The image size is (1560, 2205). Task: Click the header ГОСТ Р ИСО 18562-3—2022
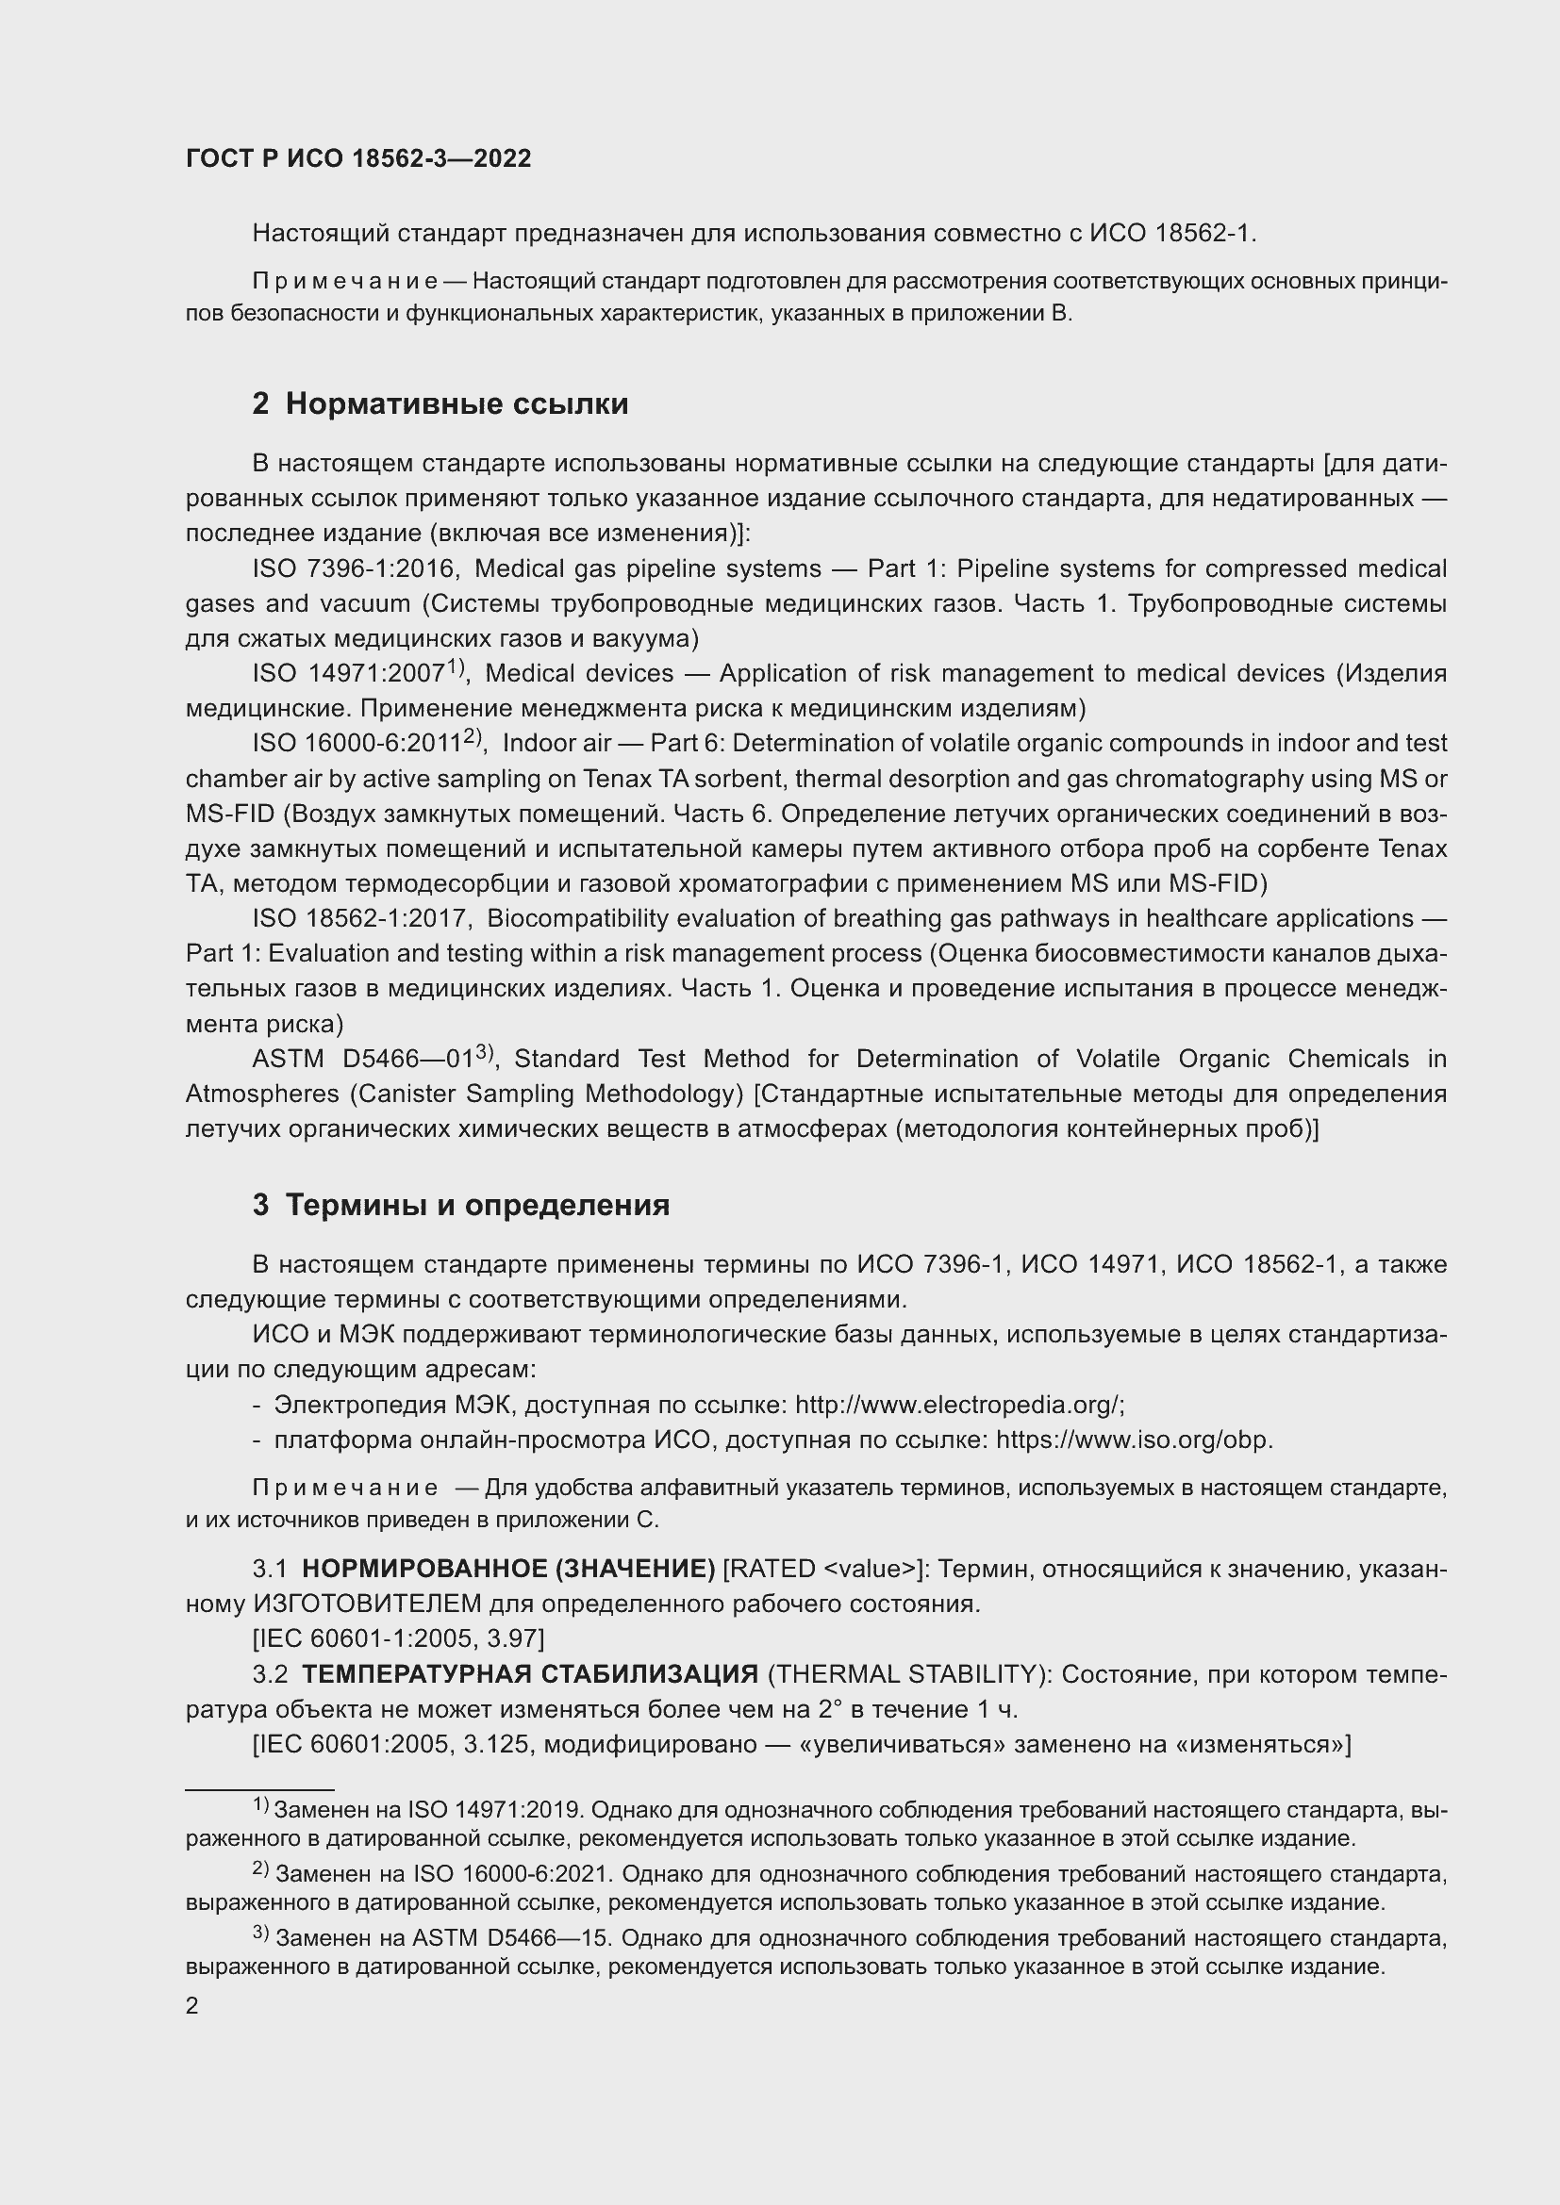[x=358, y=159]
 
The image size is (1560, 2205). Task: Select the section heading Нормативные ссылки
[x=456, y=404]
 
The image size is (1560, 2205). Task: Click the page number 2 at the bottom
[x=192, y=2006]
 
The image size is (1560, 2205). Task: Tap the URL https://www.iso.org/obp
[x=1134, y=1440]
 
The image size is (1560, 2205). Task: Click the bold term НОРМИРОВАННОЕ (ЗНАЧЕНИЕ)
[x=508, y=1570]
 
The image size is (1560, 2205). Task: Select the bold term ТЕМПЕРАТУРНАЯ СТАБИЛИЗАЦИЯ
[x=530, y=1675]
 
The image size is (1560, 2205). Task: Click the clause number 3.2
[x=270, y=1675]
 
